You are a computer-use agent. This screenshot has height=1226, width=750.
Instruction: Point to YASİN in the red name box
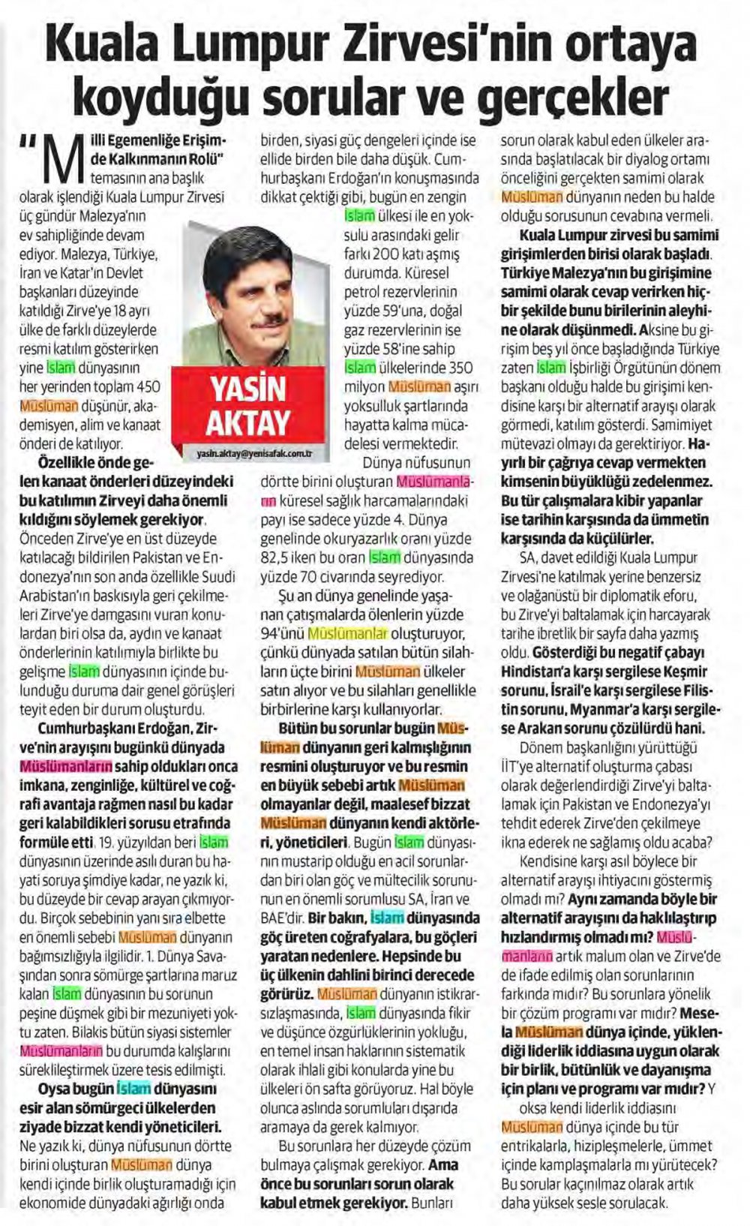247,390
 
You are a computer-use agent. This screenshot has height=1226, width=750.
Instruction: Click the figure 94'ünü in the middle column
283,634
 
